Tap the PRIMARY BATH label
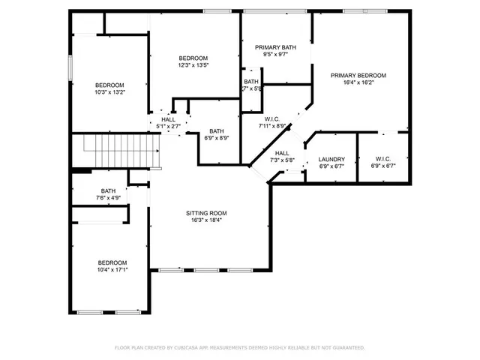click(274, 47)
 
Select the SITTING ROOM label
click(206, 213)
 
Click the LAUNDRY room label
click(331, 159)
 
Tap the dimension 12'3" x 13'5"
click(193, 65)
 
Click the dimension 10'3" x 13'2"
click(109, 93)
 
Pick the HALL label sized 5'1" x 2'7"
click(168, 119)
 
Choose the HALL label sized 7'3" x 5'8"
click(281, 153)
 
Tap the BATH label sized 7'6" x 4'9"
click(109, 191)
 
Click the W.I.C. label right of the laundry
click(382, 159)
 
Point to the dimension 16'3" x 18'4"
click(206, 220)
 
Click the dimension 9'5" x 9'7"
click(274, 55)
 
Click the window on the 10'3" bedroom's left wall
click(70, 67)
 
